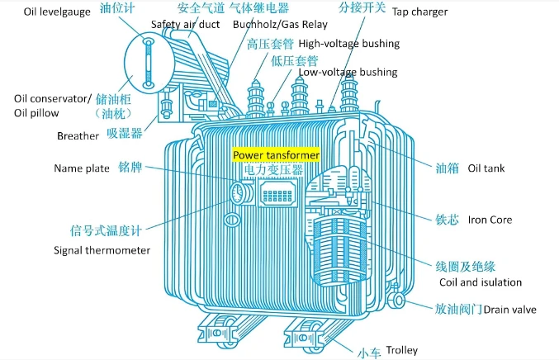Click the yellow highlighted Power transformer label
[x=276, y=155]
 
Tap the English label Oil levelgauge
[x=57, y=12]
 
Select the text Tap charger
[x=419, y=12]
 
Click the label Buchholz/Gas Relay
[x=280, y=24]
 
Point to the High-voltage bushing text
[x=349, y=44]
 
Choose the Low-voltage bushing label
[x=348, y=72]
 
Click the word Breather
[x=78, y=135]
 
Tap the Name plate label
[x=82, y=168]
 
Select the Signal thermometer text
[x=102, y=250]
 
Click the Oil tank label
[x=486, y=168]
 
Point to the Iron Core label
[x=490, y=220]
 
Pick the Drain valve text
[x=509, y=310]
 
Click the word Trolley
[x=402, y=350]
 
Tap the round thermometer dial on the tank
[x=237, y=193]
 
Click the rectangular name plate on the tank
[x=277, y=193]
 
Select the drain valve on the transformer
[x=398, y=300]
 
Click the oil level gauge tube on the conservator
[x=148, y=63]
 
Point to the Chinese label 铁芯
[x=447, y=220]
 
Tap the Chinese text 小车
[x=369, y=353]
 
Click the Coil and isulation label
[x=481, y=282]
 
